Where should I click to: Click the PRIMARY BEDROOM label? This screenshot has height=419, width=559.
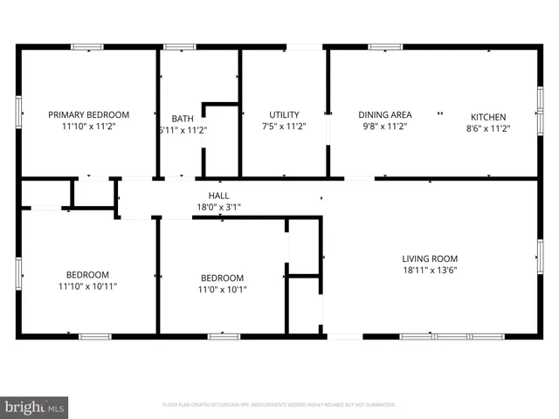pos(88,114)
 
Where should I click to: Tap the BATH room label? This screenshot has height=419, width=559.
pos(183,118)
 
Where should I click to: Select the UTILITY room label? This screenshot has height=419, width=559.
pos(284,114)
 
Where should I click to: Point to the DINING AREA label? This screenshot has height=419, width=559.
pos(385,114)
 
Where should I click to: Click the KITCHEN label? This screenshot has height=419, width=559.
pos(488,117)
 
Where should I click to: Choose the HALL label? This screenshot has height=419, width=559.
pos(218,195)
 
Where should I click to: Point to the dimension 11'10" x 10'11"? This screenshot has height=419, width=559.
pos(87,285)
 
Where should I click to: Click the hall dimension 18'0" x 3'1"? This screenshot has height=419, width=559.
pos(218,207)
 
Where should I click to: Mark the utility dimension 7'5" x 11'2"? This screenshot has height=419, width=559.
pos(284,127)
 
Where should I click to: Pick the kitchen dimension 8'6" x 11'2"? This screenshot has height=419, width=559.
pos(488,128)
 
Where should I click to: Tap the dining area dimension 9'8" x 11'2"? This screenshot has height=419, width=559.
pos(385,127)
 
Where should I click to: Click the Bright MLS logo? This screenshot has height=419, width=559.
pos(35,407)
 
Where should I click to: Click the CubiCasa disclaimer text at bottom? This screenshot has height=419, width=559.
pos(279,405)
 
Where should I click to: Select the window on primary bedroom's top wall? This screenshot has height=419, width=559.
pos(87,46)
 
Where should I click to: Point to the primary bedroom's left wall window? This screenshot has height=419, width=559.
pos(18,112)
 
